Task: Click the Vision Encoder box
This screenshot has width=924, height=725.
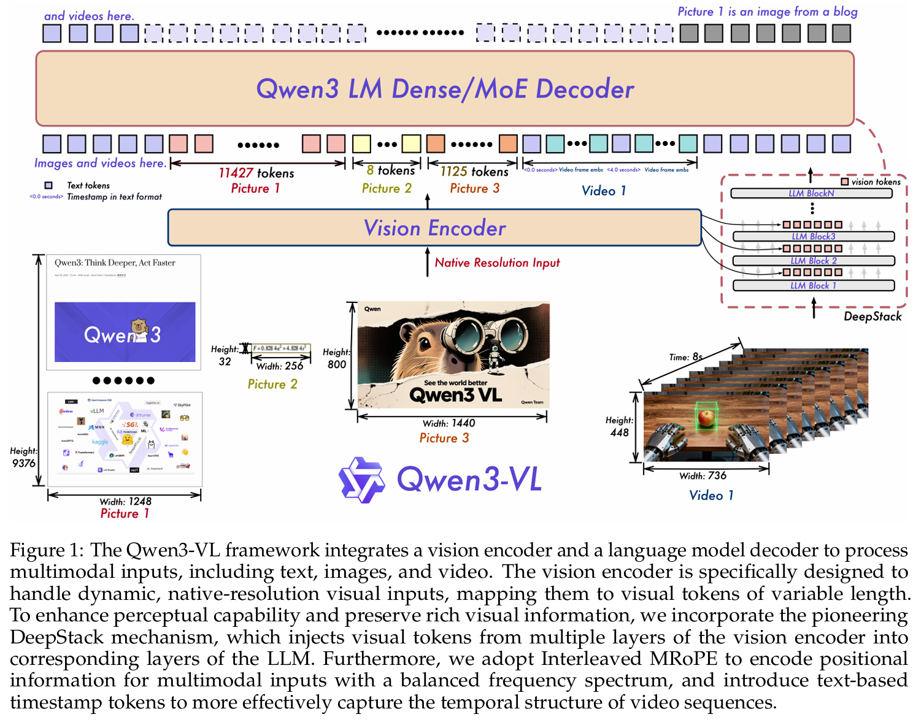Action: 434,228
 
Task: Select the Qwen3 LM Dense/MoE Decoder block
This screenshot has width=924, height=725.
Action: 445,89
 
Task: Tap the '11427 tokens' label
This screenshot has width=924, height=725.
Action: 256,174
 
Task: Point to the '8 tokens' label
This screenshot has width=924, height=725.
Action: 391,171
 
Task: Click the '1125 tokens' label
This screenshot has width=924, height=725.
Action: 474,172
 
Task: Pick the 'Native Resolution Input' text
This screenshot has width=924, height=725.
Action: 497,263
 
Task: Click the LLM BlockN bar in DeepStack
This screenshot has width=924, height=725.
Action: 811,194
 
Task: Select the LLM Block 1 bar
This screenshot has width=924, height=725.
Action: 814,286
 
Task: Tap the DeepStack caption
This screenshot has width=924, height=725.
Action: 872,316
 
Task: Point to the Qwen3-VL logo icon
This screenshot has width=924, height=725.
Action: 362,480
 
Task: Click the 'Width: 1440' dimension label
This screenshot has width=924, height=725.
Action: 449,423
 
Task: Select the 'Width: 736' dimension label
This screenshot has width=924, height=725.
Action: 703,476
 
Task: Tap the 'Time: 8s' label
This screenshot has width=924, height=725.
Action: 685,357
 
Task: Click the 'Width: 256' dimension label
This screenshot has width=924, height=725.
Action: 280,366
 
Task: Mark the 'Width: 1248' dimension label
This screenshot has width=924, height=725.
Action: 125,502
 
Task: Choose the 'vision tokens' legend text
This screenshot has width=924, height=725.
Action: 876,182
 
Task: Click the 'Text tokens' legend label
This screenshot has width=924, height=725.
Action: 88,185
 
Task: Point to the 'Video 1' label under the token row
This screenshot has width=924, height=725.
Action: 604,191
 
